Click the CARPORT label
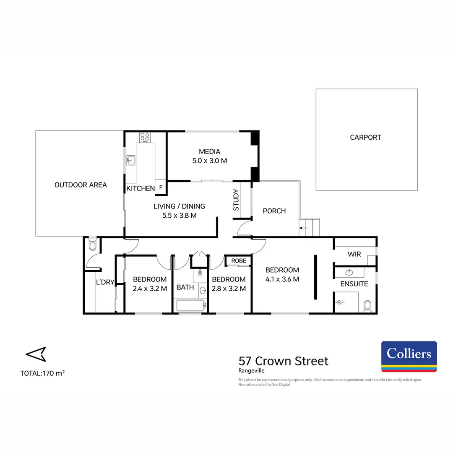point(365,137)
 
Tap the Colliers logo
point(409,356)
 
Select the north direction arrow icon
point(36,354)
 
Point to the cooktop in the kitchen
point(145,137)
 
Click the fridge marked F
point(161,188)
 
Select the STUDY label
point(236,200)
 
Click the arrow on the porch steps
point(303,228)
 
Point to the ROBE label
point(239,260)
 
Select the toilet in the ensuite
point(368,305)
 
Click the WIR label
point(354,254)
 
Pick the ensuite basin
point(349,272)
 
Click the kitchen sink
point(130,159)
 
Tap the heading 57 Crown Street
point(284,361)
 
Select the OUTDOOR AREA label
point(81,185)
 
